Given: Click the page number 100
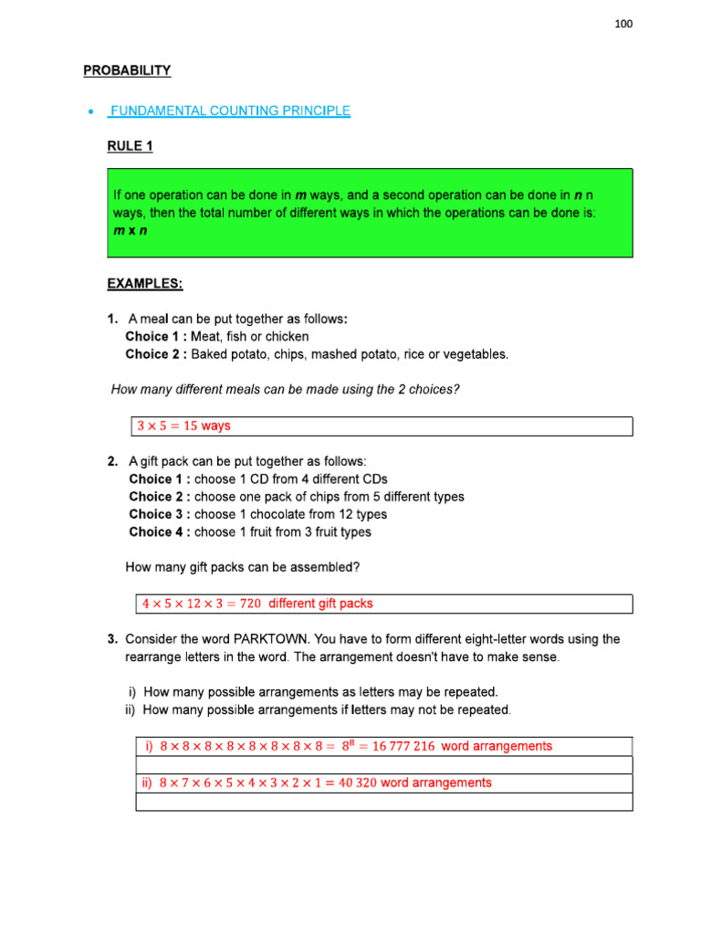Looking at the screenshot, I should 623,24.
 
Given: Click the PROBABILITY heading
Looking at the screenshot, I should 127,70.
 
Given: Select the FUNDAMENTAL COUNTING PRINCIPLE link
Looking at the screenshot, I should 229,110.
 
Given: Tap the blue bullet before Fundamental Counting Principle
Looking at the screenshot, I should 89,111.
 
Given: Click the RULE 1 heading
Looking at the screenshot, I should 130,146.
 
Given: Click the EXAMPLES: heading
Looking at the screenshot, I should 145,284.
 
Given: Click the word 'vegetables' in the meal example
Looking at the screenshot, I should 475,353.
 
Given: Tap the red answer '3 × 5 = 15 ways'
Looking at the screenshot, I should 183,425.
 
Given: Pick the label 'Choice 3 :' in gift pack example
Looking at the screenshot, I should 159,514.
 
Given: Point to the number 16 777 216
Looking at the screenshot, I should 397,746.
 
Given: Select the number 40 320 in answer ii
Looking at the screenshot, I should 348,783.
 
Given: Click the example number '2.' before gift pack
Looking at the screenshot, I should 113,462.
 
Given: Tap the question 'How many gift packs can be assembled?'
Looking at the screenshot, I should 242,567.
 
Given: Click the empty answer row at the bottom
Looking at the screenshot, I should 383,802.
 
